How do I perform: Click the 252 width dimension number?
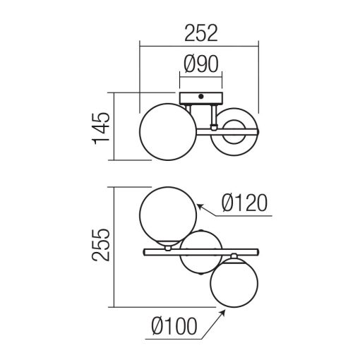coord(200,32)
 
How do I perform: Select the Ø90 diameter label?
coord(203,65)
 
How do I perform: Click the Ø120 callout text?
coord(244,203)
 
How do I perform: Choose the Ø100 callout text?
coord(174,328)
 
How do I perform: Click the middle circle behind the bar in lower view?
coord(199,263)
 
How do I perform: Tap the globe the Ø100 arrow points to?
coord(233,283)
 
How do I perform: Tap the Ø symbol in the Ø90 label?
coord(189,65)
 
